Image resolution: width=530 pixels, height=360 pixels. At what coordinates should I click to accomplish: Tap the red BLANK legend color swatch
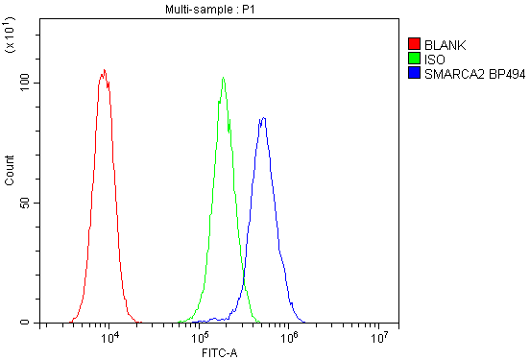[415, 44]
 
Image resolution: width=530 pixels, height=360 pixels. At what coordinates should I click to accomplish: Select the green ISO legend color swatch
[415, 59]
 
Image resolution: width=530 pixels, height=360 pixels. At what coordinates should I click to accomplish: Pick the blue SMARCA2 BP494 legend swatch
[415, 72]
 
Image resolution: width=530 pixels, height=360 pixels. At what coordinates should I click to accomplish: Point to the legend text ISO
[433, 59]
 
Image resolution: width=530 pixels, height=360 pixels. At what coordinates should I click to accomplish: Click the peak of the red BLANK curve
[104, 70]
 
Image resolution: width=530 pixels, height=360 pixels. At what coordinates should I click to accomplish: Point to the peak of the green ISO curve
[223, 78]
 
